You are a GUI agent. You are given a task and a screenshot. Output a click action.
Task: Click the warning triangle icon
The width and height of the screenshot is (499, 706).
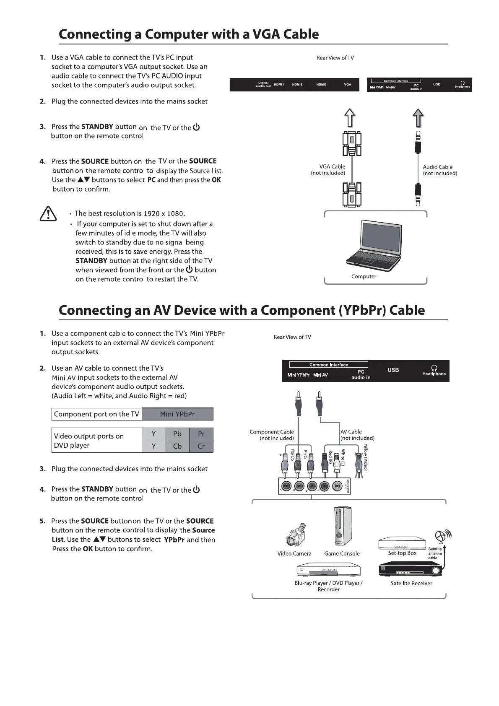(48, 214)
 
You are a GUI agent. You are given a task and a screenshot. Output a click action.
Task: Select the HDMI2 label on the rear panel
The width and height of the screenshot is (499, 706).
(297, 85)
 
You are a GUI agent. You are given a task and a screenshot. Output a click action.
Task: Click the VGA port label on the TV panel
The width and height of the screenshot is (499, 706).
(348, 85)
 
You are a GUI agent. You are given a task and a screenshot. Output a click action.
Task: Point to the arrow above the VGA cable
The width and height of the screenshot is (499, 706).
(350, 118)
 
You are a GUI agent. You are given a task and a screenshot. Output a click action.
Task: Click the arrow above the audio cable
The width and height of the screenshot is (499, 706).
(418, 118)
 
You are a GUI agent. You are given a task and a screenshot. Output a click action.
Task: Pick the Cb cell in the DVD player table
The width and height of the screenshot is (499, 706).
(177, 446)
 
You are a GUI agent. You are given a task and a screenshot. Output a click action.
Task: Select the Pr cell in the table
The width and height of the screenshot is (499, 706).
(201, 434)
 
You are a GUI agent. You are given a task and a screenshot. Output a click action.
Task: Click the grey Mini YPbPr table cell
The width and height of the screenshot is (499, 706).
(177, 414)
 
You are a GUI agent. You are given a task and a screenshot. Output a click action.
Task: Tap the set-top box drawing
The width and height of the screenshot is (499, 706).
(402, 543)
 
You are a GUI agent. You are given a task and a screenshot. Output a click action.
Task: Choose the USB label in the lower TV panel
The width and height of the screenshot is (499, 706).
(393, 370)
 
